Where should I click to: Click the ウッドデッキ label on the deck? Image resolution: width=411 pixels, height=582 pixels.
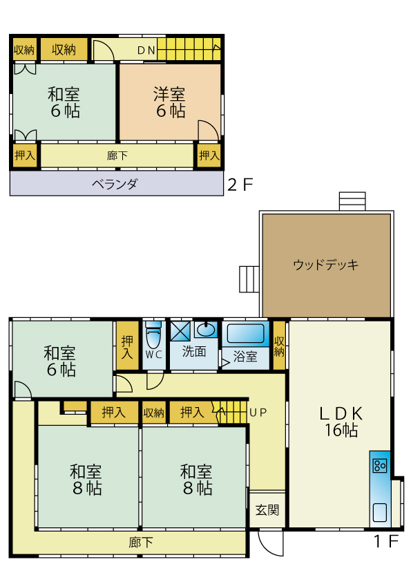[x=325, y=265]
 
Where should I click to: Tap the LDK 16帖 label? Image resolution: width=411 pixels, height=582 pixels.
[x=341, y=422]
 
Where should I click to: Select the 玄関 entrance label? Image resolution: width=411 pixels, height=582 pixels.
[x=267, y=510]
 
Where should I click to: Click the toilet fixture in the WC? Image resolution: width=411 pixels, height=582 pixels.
[x=153, y=335]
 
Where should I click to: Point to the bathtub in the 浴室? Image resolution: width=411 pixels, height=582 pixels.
[x=245, y=333]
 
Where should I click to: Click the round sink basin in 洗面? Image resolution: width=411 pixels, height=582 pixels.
[x=206, y=329]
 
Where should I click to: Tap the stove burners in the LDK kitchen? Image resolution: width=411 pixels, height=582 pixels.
[x=380, y=465]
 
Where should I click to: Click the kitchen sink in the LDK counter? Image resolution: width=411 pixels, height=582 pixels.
[x=380, y=512]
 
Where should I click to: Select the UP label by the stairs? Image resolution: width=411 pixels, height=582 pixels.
[x=258, y=413]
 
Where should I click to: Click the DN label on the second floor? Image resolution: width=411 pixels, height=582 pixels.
[x=146, y=50]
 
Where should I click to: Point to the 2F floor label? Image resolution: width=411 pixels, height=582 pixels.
[x=240, y=185]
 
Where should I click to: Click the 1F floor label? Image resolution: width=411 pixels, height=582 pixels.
[x=386, y=541]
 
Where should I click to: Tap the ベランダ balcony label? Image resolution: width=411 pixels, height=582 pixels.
[x=115, y=184]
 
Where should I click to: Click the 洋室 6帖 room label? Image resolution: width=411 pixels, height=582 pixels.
[x=170, y=102]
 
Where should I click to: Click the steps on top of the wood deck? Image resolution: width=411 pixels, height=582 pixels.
[x=352, y=201]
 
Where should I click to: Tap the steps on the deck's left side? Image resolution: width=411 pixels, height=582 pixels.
[x=249, y=279]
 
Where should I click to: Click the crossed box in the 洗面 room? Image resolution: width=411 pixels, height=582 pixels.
[x=180, y=331]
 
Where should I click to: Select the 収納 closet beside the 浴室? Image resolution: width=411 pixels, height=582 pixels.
[x=279, y=346]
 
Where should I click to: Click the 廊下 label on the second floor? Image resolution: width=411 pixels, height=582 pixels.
[x=117, y=156]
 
